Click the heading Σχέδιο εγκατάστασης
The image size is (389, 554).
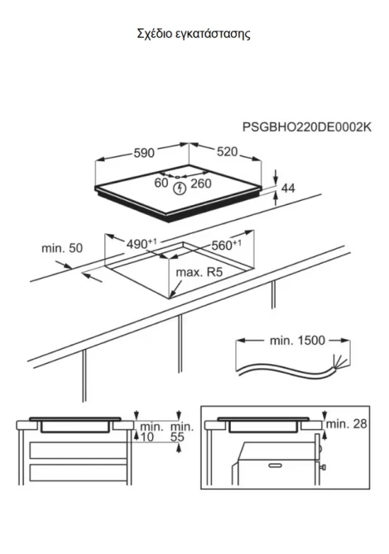[194, 34]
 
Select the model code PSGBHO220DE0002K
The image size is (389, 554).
[306, 127]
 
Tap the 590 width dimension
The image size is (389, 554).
[144, 153]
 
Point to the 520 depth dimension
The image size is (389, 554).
[227, 151]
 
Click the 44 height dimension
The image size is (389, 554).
[288, 189]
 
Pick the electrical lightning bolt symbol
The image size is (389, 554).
[180, 189]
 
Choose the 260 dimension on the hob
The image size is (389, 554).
[201, 184]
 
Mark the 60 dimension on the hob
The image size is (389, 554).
[161, 183]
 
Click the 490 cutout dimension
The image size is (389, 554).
[141, 243]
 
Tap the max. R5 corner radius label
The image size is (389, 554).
[199, 272]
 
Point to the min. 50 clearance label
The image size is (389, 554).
[62, 248]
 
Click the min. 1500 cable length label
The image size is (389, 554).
[297, 341]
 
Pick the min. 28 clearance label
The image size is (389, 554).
[347, 423]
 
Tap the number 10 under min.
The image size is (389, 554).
[147, 437]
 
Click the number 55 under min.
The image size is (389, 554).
[177, 437]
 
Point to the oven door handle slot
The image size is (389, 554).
[275, 466]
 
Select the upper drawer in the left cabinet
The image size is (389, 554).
[78, 450]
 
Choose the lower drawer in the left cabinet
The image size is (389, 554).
[78, 473]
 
